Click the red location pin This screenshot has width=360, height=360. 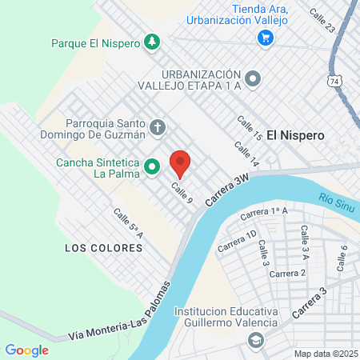pyautogui.click(x=181, y=162)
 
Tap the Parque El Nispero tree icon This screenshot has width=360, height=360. pyautogui.click(x=151, y=41)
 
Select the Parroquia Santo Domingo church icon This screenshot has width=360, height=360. pyautogui.click(x=158, y=126)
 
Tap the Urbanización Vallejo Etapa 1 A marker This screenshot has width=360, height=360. pyautogui.click(x=253, y=78)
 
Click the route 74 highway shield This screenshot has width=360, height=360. pyautogui.click(x=334, y=81)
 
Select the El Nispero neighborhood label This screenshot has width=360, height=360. pyautogui.click(x=296, y=136)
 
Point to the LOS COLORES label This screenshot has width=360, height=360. pyautogui.click(x=103, y=248)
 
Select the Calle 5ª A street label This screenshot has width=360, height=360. pyautogui.click(x=128, y=225)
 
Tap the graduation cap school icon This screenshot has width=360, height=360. pyautogui.click(x=255, y=342)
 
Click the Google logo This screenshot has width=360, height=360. pyautogui.click(x=26, y=350)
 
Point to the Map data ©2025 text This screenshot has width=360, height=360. pyautogui.click(x=325, y=354)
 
